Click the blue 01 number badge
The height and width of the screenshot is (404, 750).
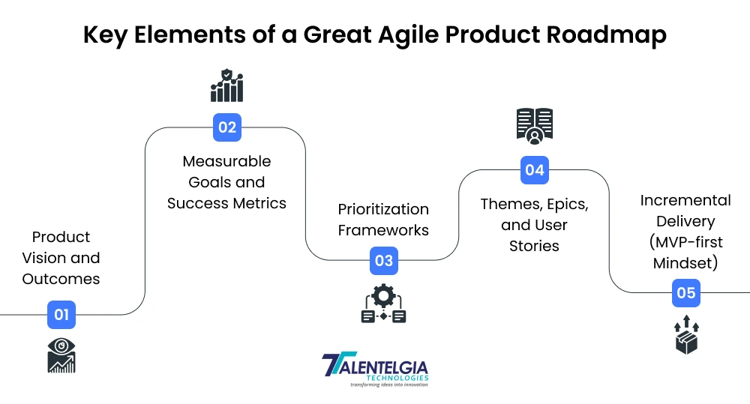[61, 315]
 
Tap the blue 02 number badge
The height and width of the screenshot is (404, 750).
[226, 127]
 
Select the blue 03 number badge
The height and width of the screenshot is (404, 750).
[384, 261]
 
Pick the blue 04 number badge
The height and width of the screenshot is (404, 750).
[534, 170]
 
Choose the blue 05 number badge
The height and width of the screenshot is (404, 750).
[686, 293]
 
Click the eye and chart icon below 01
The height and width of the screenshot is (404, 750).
[61, 355]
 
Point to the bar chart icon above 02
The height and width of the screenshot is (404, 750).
[226, 85]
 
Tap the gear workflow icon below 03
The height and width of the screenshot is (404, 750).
[384, 304]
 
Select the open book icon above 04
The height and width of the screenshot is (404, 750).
[534, 125]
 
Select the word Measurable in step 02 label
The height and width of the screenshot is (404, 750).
[226, 161]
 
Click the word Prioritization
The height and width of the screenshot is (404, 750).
[383, 209]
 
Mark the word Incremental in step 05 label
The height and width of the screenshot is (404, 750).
[685, 201]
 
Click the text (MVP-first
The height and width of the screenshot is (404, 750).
[685, 243]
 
